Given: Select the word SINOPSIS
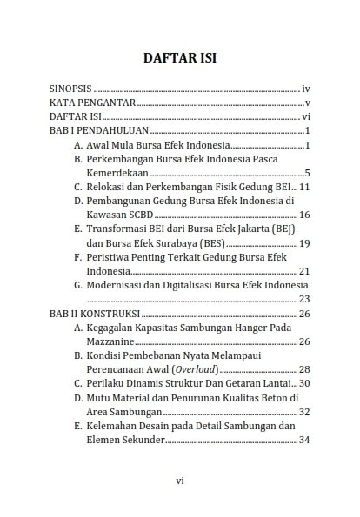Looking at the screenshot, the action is pos(70,89).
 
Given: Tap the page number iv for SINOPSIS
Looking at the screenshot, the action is pos(305,89).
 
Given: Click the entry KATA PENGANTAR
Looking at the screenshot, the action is pos(92,103).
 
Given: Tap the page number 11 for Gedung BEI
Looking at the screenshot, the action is pos(304,187).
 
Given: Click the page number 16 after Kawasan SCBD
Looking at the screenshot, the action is pos(304,215).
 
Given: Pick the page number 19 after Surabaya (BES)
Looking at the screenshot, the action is pos(304,242).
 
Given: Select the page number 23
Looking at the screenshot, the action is pos(304,299).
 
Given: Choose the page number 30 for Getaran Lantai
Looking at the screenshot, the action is pos(304,383).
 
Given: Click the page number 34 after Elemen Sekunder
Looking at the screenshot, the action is pos(304,440).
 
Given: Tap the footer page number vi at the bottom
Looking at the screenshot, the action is pos(179,480).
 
